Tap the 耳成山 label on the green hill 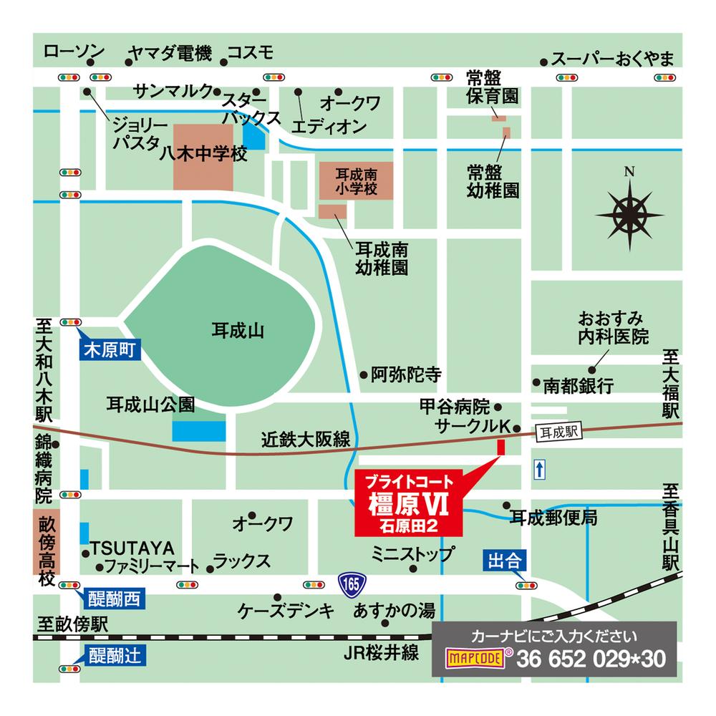tap(238, 331)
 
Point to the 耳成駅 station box tap(559, 431)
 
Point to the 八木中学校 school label tap(203, 155)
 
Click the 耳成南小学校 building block tap(356, 180)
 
